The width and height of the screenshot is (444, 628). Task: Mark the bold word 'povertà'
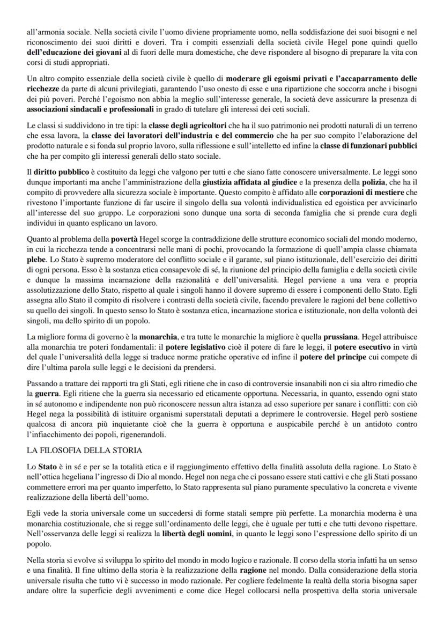pos(125,237)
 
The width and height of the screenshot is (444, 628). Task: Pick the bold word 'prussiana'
pos(342,337)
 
